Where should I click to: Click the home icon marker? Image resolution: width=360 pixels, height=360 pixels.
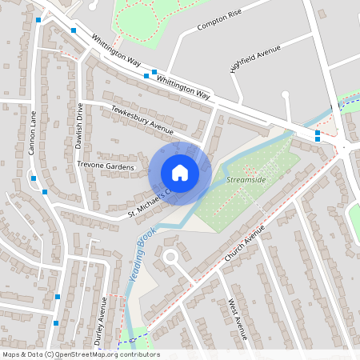[x=180, y=172]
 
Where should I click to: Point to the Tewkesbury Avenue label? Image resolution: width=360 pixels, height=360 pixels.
[x=142, y=120]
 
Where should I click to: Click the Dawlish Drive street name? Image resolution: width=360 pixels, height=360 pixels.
[x=79, y=120]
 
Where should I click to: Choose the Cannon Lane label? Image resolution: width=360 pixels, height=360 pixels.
[x=33, y=132]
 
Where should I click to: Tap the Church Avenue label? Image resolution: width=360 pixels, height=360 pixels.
[x=244, y=239]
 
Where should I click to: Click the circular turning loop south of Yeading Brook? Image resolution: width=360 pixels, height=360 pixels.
[x=170, y=257]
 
